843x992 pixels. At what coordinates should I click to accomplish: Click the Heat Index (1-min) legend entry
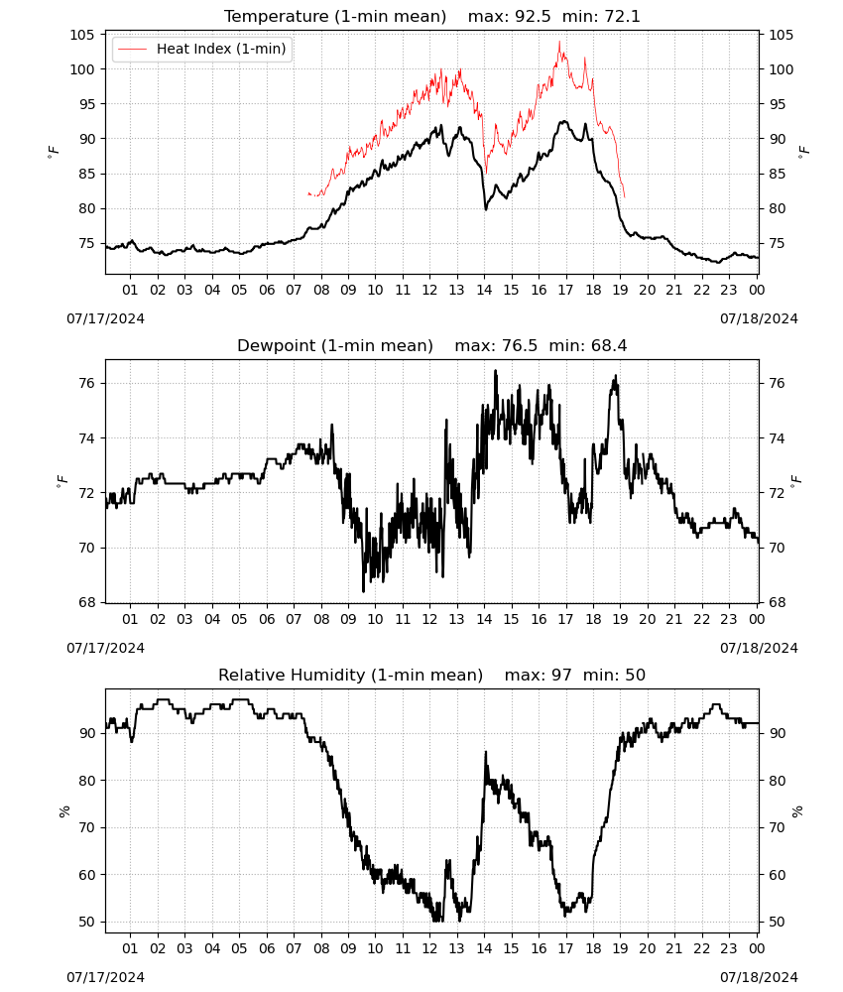pos(202,49)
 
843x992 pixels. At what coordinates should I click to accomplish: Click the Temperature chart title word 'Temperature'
pos(277,16)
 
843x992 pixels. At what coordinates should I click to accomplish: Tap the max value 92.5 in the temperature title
pos(534,16)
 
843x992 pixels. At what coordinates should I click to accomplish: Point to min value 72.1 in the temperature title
pos(622,16)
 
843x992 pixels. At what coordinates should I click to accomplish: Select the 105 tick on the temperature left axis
pos(82,35)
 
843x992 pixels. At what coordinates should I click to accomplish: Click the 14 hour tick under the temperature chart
pos(484,290)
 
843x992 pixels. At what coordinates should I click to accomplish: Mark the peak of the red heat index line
pos(559,41)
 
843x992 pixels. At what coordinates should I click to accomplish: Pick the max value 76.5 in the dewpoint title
pos(520,345)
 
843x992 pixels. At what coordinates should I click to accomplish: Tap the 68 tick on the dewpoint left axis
pos(87,603)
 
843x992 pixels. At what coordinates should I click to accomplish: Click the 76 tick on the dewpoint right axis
pos(777,383)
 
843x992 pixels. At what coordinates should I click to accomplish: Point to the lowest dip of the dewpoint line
pos(364,591)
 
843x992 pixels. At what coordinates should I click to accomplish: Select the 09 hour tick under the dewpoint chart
pos(348,619)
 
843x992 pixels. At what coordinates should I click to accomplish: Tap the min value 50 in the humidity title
pos(636,675)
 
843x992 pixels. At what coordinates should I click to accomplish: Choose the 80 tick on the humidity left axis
pos(87,781)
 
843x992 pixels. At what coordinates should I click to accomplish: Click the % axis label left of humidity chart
pos(63,811)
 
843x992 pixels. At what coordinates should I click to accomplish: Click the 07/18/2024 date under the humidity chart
pos(759,977)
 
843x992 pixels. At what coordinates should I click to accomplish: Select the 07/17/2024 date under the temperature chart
pos(105,318)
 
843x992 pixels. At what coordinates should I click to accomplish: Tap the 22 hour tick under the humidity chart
pos(702,949)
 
